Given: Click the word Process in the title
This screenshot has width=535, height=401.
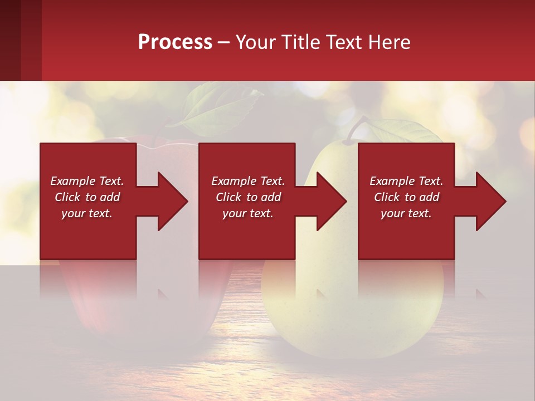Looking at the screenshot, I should [x=175, y=42].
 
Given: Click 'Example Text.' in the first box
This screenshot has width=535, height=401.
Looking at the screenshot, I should [x=87, y=181].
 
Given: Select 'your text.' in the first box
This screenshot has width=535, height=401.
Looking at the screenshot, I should [x=87, y=213].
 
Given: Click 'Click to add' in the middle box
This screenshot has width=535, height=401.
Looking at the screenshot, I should [x=248, y=197].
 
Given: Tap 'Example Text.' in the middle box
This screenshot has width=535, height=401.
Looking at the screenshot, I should [x=248, y=181].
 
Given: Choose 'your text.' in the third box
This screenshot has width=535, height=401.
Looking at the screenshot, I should [x=406, y=213].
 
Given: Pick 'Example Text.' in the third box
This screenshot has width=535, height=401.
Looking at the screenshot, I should [x=406, y=181].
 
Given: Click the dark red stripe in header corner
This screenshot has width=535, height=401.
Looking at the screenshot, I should [x=10, y=40].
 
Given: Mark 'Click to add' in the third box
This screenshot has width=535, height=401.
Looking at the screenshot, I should [x=406, y=197].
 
